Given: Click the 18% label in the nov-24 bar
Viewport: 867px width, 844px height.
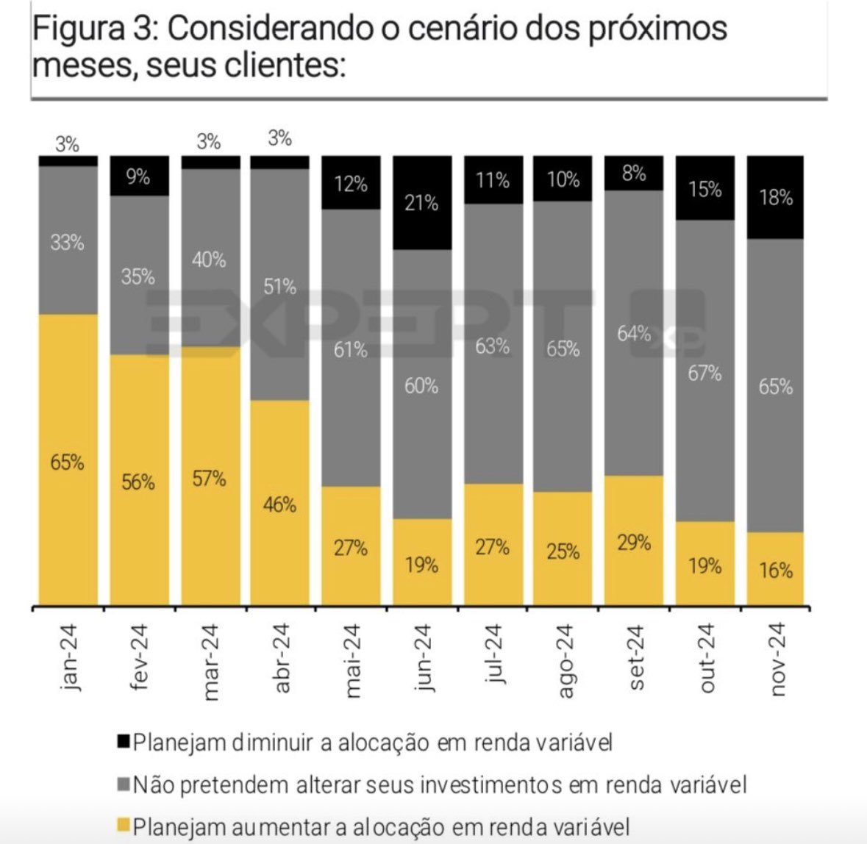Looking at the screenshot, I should (x=776, y=198).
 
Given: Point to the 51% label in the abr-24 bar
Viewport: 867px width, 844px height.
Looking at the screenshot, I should (x=279, y=287).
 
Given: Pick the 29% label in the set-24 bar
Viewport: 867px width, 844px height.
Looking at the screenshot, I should (x=634, y=543).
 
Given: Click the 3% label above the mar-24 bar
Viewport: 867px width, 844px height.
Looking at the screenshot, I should (x=209, y=141).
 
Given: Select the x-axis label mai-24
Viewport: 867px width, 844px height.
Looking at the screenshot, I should (x=351, y=660).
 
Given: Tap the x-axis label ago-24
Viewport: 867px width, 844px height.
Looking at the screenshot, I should (x=563, y=660).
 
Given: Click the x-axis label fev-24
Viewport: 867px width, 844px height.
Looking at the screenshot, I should (x=138, y=657).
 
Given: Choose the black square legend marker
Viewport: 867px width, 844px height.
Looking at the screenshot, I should (x=123, y=741).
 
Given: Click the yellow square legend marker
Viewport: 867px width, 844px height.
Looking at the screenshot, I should (x=123, y=826).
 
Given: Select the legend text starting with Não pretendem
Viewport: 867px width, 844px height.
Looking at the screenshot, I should (x=440, y=785).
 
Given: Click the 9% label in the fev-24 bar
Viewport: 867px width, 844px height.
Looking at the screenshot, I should (x=138, y=177).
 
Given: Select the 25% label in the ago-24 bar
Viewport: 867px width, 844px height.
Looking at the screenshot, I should (x=563, y=551).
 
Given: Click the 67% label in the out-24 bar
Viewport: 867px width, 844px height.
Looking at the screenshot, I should (x=704, y=373).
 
